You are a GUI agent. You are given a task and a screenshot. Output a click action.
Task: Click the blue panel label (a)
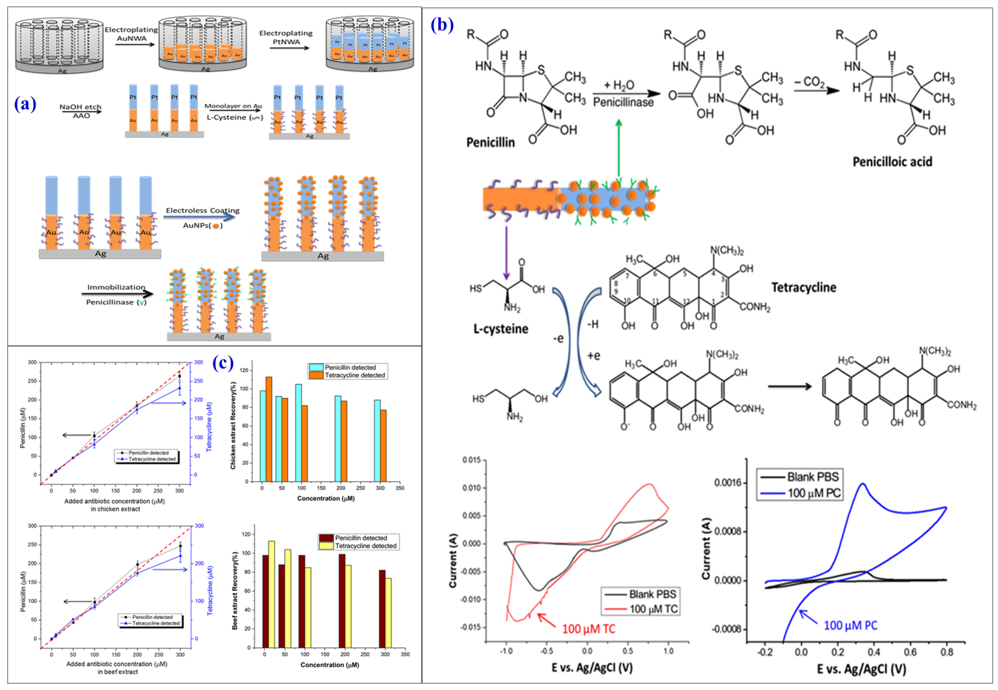click(25, 104)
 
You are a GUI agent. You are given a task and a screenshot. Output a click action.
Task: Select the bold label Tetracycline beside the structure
click(804, 288)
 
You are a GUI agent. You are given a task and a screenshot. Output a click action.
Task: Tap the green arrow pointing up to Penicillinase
click(619, 147)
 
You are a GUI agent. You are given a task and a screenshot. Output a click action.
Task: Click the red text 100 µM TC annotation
click(588, 629)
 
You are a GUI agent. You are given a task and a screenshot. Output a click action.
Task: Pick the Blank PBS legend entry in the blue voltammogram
click(812, 477)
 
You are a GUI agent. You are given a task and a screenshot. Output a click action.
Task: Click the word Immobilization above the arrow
click(116, 287)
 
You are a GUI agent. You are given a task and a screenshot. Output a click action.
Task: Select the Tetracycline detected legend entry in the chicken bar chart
click(354, 375)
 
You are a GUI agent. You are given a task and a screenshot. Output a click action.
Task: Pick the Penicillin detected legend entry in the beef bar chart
click(361, 538)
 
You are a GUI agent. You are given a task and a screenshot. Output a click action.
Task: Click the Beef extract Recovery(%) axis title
click(235, 590)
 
